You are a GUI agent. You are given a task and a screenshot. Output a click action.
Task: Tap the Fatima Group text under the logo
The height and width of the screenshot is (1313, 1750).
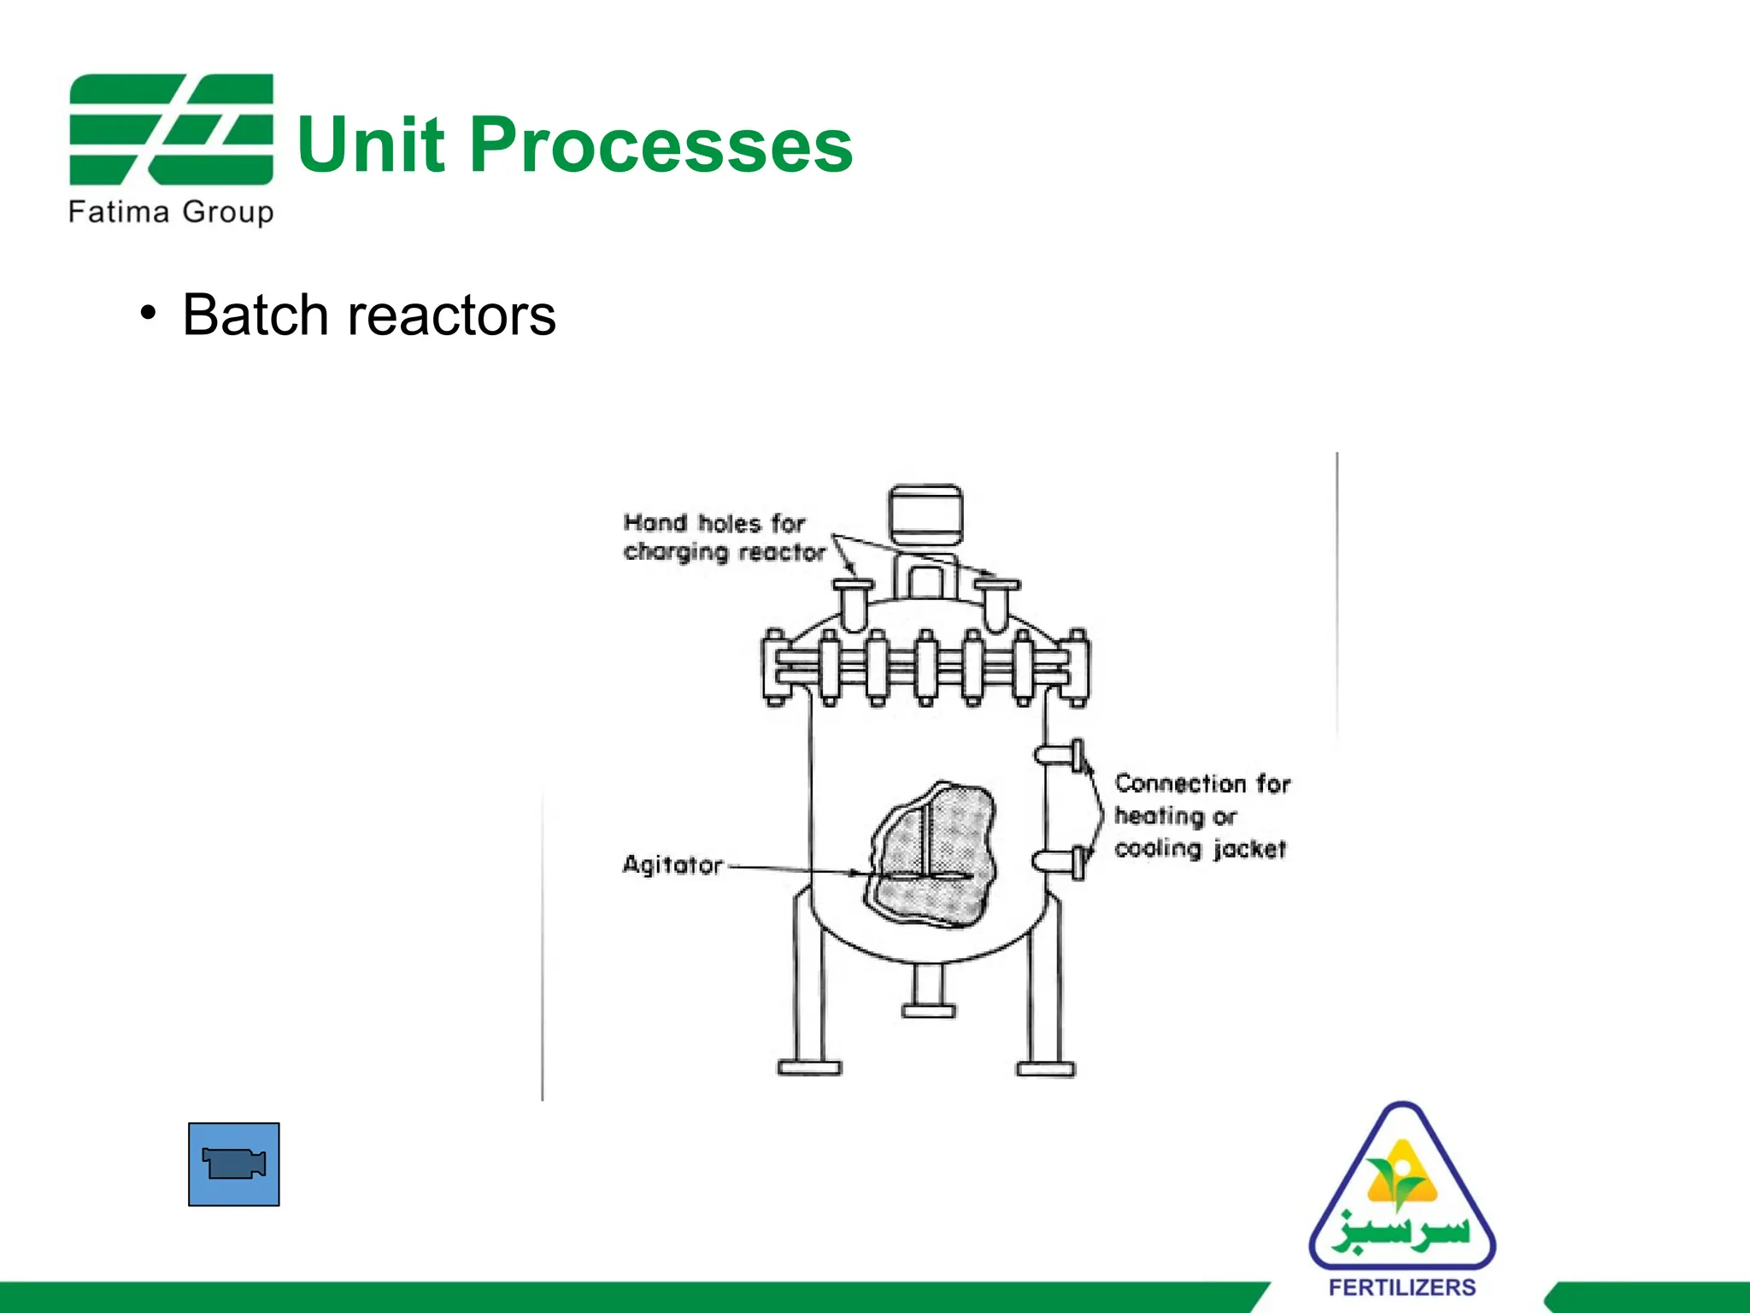point(171,211)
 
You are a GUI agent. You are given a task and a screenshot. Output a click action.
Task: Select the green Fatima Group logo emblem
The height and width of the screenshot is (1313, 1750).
point(171,129)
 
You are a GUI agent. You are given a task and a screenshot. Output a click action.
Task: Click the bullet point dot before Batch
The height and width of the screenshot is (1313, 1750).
point(149,314)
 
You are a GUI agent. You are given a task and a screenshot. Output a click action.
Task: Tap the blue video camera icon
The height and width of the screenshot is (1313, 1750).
point(233,1164)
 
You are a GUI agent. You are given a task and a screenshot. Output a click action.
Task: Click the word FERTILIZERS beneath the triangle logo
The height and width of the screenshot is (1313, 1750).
point(1402,1287)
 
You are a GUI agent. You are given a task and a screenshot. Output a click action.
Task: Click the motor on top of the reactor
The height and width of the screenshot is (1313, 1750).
point(925,515)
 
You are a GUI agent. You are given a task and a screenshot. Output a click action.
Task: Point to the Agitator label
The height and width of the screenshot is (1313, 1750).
point(672,865)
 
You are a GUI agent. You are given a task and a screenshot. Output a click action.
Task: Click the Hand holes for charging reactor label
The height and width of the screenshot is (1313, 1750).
point(724,538)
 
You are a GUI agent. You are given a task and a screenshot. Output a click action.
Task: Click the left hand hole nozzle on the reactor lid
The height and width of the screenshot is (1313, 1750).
point(853,602)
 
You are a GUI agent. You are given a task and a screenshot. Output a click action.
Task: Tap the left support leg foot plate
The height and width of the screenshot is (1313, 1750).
point(809,1067)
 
